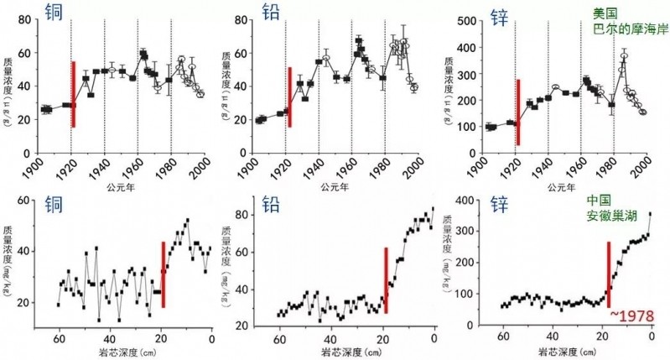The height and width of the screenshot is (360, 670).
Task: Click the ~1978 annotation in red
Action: [x=628, y=314]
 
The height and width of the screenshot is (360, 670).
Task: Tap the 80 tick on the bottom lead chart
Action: [x=262, y=214]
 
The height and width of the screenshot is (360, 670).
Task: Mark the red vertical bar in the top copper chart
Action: [x=74, y=94]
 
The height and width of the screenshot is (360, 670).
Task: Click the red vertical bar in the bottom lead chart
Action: [x=386, y=279]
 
